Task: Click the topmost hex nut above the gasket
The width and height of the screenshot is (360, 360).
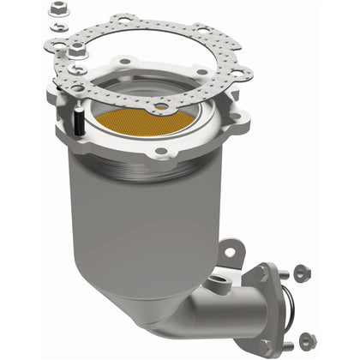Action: pyautogui.click(x=59, y=10)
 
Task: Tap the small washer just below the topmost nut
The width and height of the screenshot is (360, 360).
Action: pyautogui.click(x=57, y=27)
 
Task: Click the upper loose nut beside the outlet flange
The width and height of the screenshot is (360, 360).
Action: pyautogui.click(x=301, y=273)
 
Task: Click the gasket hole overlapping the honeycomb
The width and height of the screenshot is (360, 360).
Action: pyautogui.click(x=160, y=107)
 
